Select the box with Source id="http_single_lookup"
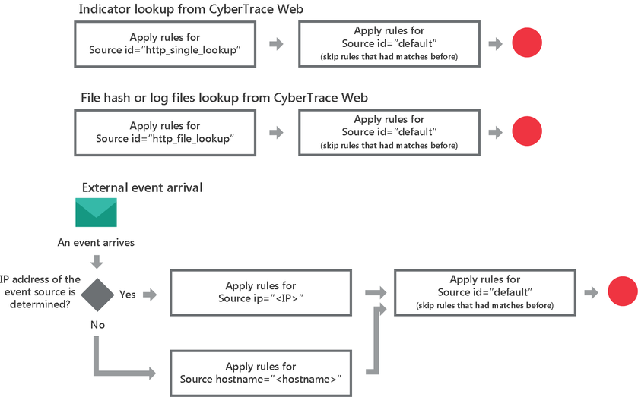(x=165, y=43)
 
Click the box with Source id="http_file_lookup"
(x=165, y=132)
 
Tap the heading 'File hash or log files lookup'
(x=224, y=98)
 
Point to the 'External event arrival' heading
(x=142, y=187)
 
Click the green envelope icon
(x=96, y=213)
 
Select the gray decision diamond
(x=97, y=293)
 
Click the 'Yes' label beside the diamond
(x=127, y=294)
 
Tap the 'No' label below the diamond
(x=97, y=324)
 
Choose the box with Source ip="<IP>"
(x=260, y=292)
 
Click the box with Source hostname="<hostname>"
(x=260, y=372)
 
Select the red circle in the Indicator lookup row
(x=526, y=43)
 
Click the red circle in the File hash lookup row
(x=526, y=131)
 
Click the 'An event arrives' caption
(x=96, y=243)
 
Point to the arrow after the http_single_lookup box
(x=277, y=43)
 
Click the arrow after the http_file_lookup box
(x=277, y=132)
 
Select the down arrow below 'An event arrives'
(x=97, y=262)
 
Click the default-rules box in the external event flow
(x=484, y=292)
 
